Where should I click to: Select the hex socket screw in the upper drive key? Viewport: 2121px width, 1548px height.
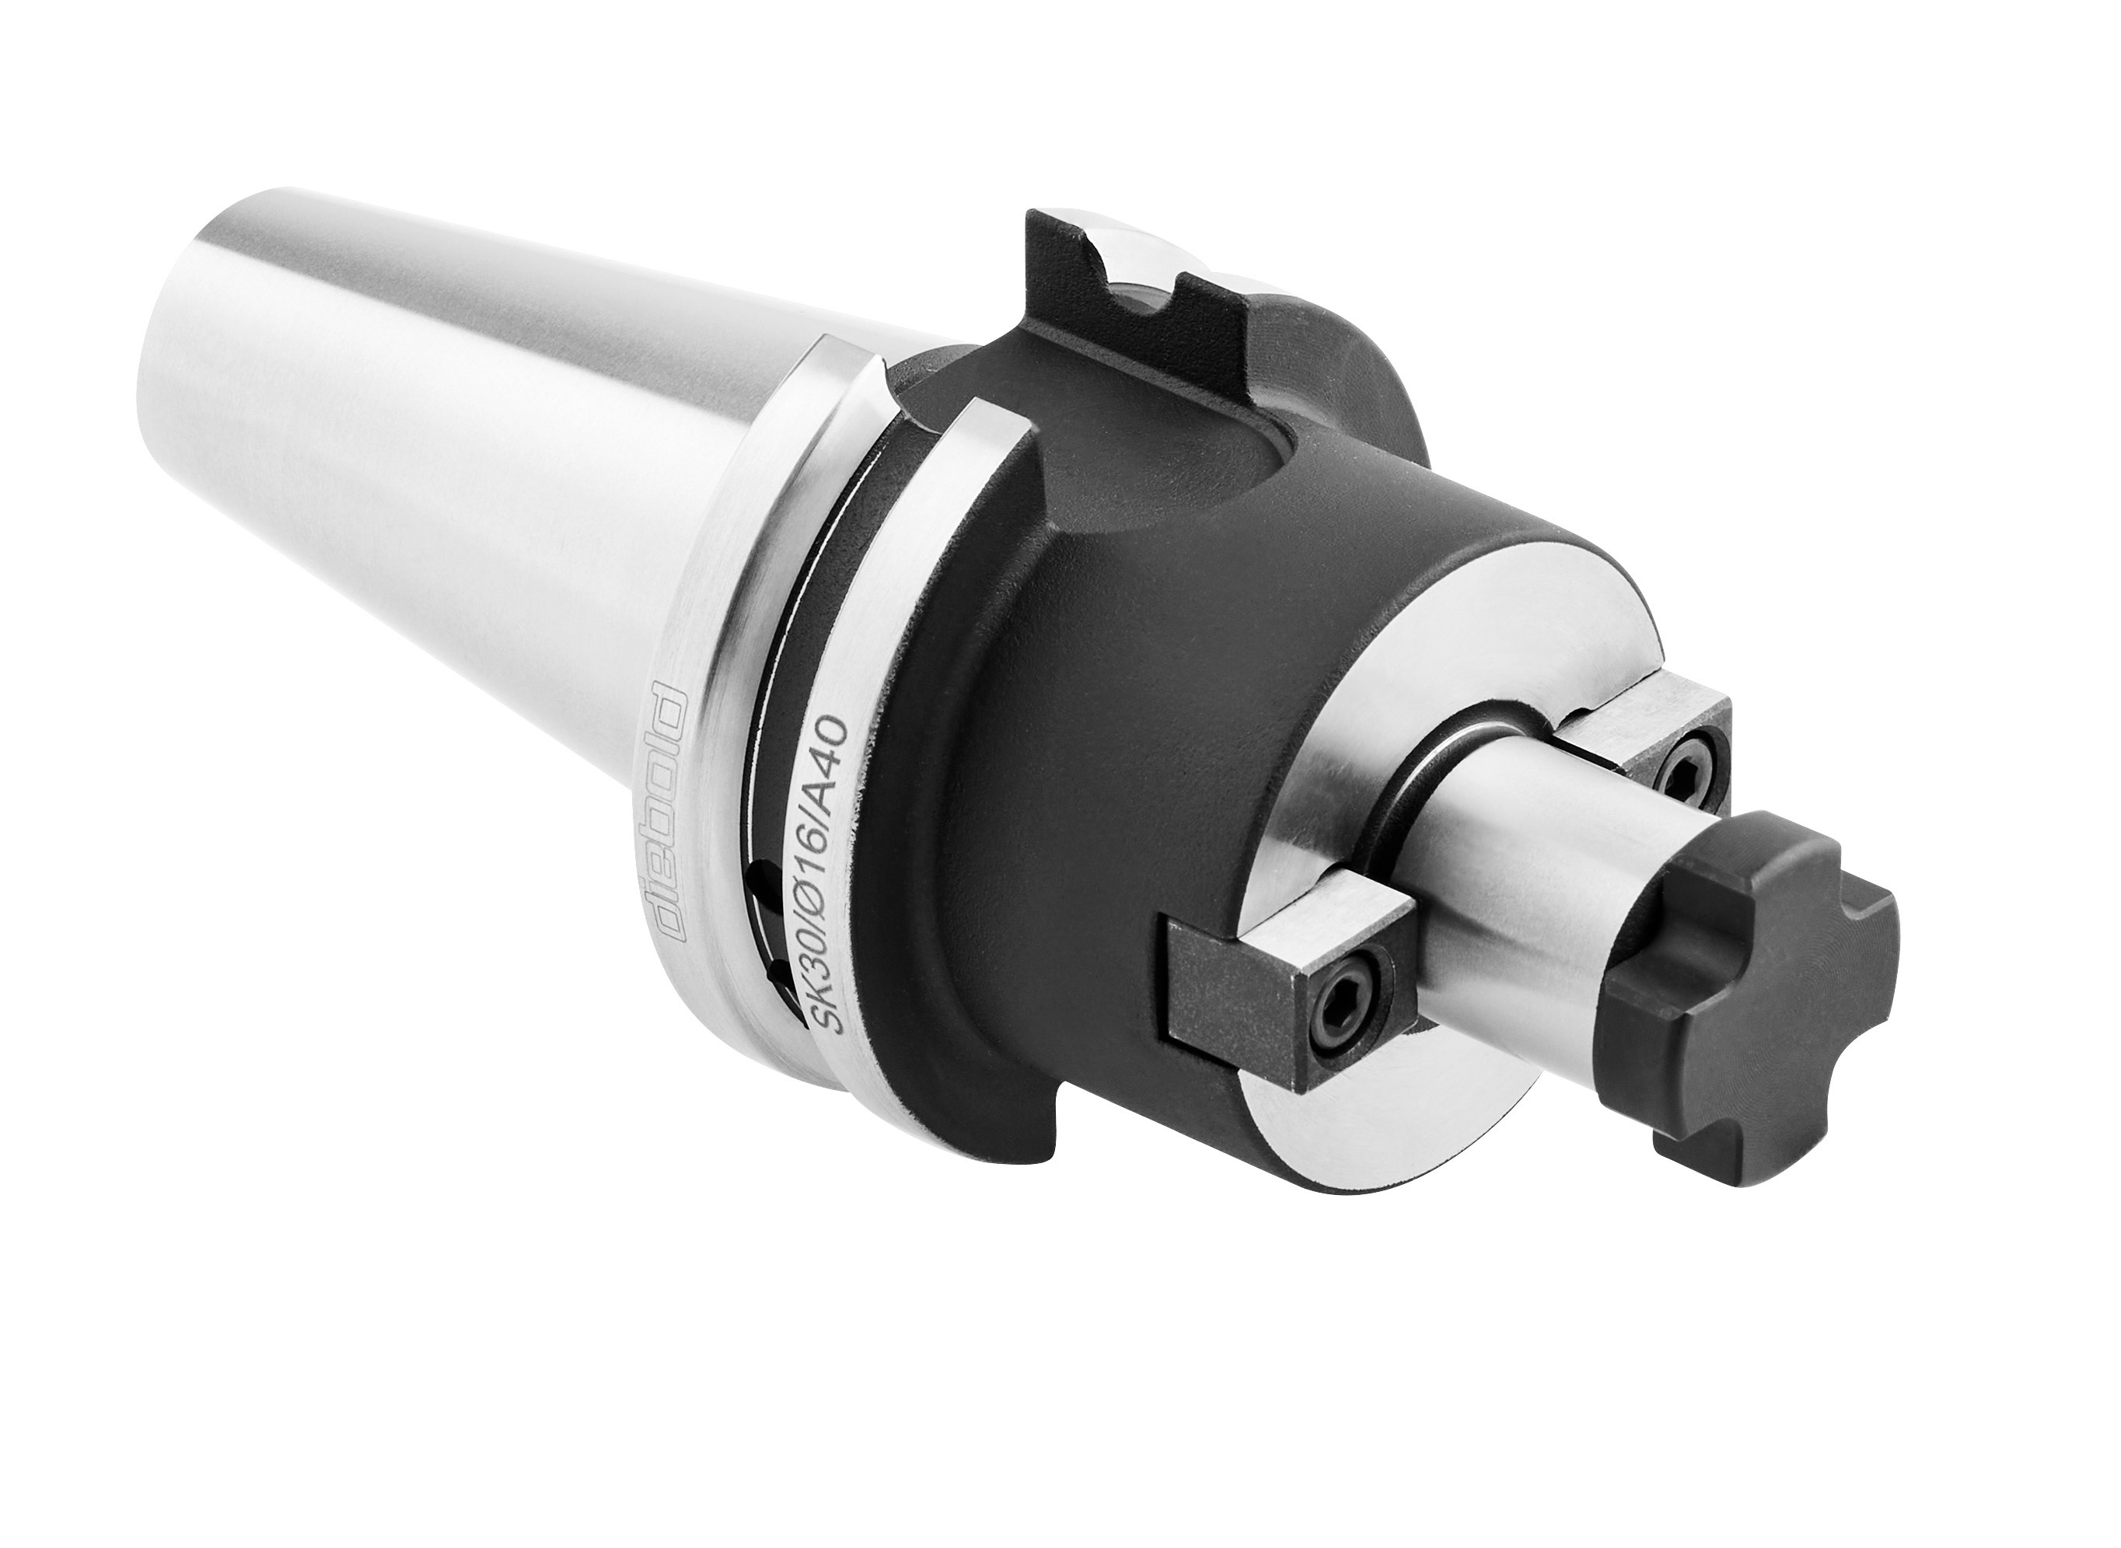[x=1682, y=753]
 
